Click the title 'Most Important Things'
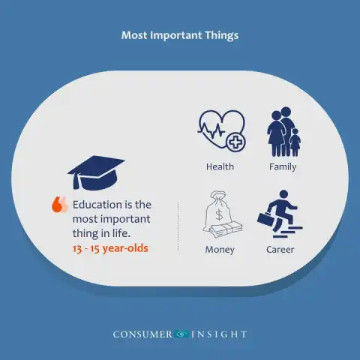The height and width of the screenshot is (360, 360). click(x=180, y=35)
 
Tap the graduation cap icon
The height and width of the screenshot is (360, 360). click(x=96, y=172)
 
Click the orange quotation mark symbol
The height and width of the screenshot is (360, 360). click(x=59, y=204)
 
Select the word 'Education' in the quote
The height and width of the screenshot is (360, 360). click(x=95, y=205)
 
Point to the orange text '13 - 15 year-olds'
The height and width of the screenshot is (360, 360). click(x=110, y=248)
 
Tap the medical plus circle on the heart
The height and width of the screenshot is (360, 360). click(x=235, y=142)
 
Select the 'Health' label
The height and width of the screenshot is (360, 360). click(x=220, y=166)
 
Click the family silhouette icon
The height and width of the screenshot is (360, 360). click(x=283, y=132)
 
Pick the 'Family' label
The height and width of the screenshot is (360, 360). click(x=283, y=166)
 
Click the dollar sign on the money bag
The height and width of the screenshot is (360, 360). click(x=219, y=214)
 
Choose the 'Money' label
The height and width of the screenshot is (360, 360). click(x=220, y=250)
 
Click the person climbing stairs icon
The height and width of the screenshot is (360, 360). click(x=280, y=214)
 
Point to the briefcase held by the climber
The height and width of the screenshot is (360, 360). click(x=265, y=219)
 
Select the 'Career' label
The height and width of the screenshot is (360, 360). click(x=280, y=250)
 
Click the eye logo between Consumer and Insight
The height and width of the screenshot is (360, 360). click(x=181, y=334)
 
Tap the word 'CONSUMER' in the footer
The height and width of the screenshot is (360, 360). click(x=142, y=334)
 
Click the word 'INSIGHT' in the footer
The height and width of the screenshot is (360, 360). click(x=219, y=334)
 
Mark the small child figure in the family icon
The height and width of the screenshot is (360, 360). click(x=295, y=142)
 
